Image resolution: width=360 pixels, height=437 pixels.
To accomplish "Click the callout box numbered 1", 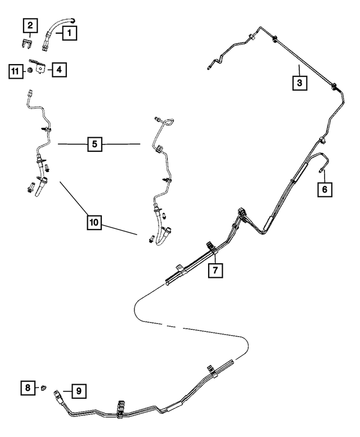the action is pyautogui.click(x=69, y=33).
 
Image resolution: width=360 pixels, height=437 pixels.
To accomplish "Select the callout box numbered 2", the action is pyautogui.click(x=30, y=26).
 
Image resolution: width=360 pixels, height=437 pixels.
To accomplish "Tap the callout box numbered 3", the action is pyautogui.click(x=300, y=83).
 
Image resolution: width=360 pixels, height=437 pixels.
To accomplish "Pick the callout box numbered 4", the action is pyautogui.click(x=59, y=70).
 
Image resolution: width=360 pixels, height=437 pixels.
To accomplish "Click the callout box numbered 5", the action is pyautogui.click(x=94, y=144).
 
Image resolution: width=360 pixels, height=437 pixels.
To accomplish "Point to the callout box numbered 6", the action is pyautogui.click(x=325, y=190).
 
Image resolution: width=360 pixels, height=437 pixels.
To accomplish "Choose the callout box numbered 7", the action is pyautogui.click(x=215, y=270).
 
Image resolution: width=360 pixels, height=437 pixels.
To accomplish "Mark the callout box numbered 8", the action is pyautogui.click(x=28, y=388).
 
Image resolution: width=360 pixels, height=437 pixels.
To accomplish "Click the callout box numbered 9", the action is pyautogui.click(x=79, y=391).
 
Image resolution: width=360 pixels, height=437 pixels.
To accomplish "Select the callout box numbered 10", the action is pyautogui.click(x=94, y=222).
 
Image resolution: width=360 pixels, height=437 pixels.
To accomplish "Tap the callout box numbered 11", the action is pyautogui.click(x=16, y=71).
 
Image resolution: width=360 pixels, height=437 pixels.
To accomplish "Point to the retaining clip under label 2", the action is pyautogui.click(x=27, y=44).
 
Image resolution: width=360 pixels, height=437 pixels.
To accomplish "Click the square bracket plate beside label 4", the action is pyautogui.click(x=40, y=68).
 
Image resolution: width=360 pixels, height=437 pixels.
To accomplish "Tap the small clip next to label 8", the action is pyautogui.click(x=43, y=388).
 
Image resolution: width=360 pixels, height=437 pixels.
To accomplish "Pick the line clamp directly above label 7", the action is pyautogui.click(x=211, y=248).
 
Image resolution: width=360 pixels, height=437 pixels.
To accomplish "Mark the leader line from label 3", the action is pyautogui.click(x=300, y=70).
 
